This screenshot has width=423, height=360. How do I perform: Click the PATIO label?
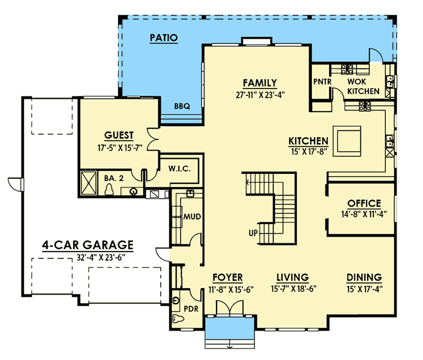pyautogui.click(x=164, y=38)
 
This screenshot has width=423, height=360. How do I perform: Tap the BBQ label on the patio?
pyautogui.click(x=182, y=106)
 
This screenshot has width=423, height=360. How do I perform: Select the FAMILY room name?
pyautogui.click(x=259, y=82)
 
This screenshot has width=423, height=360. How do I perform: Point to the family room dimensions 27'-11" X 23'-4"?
pyautogui.click(x=259, y=94)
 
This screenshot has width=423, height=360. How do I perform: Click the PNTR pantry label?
pyautogui.click(x=323, y=81)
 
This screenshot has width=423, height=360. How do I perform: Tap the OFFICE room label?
pyautogui.click(x=364, y=203)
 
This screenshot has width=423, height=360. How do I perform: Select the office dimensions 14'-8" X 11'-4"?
pyautogui.click(x=364, y=214)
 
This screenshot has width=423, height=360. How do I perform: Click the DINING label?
pyautogui.click(x=364, y=278)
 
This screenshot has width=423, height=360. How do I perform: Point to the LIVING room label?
pyautogui.click(x=292, y=278)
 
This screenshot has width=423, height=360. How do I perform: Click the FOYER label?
pyautogui.click(x=227, y=278)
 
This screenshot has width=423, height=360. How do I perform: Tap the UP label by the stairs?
pyautogui.click(x=254, y=232)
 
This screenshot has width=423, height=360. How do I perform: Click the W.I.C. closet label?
pyautogui.click(x=178, y=168)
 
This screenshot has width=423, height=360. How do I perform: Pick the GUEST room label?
pyautogui.click(x=119, y=135)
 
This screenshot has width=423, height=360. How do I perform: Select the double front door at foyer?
pyautogui.click(x=229, y=310)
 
